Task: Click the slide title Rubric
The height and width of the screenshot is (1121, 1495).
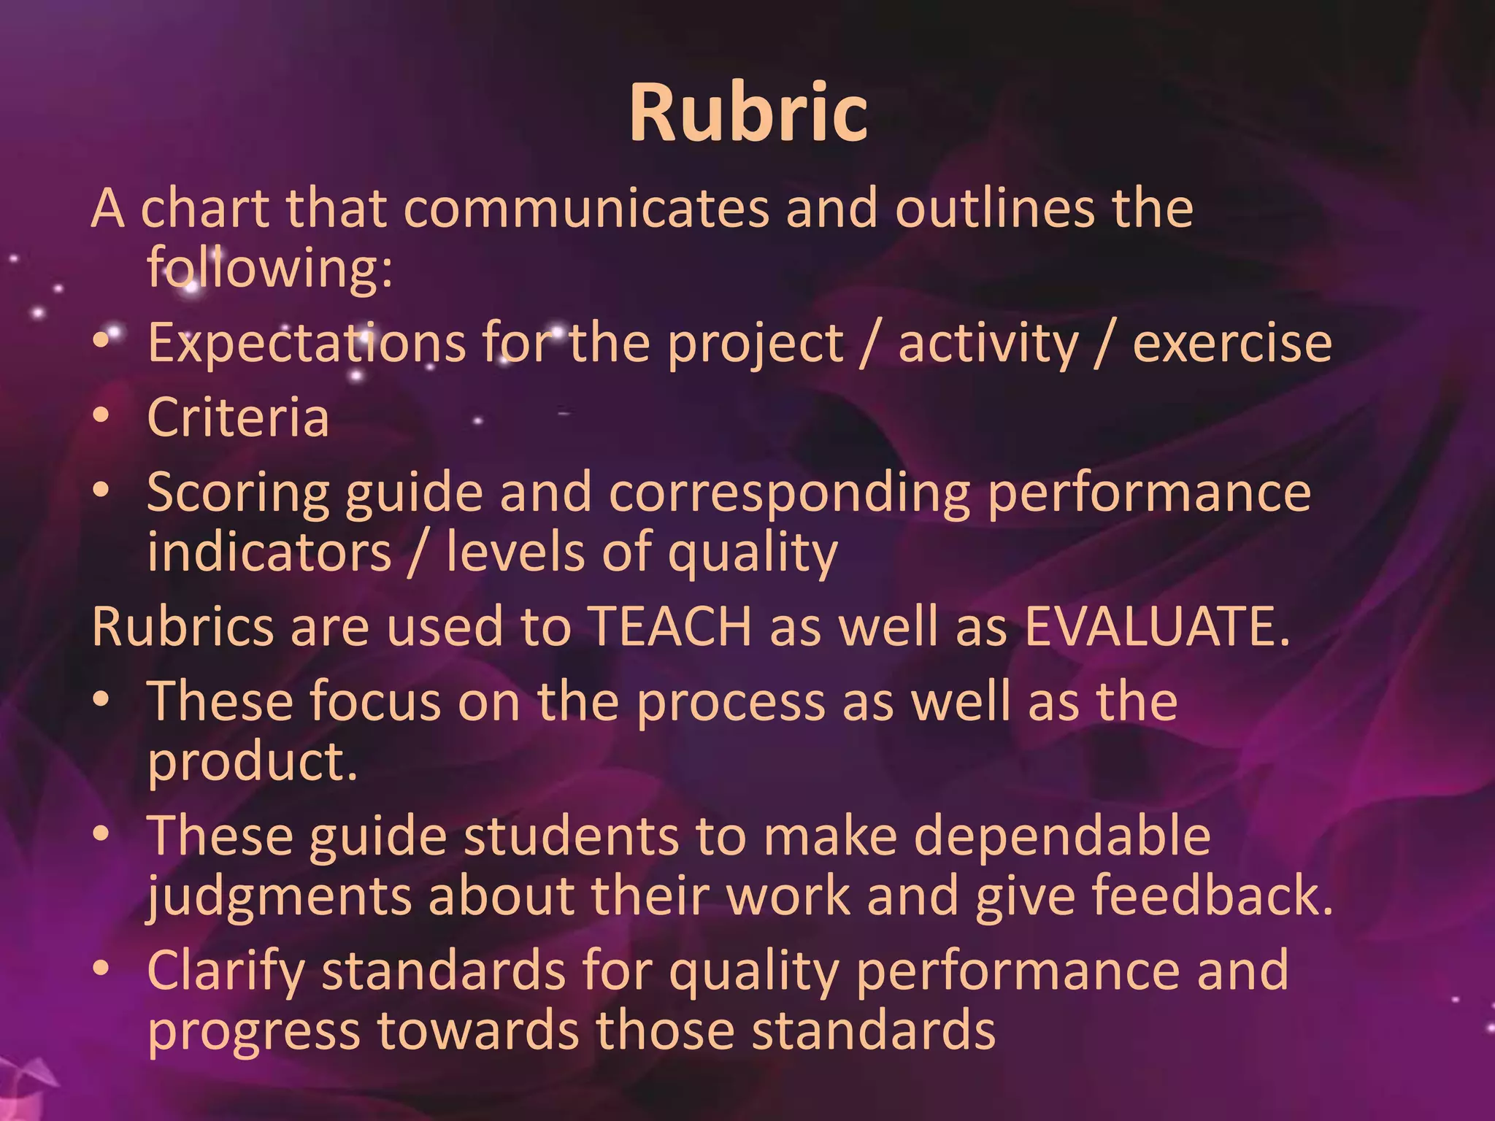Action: click(748, 112)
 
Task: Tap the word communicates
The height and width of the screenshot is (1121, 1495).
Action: click(586, 209)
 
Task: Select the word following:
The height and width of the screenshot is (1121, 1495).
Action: click(270, 268)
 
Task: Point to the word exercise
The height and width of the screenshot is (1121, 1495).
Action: click(1232, 343)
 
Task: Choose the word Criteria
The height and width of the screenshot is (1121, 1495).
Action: click(238, 417)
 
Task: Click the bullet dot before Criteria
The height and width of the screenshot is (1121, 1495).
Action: click(101, 415)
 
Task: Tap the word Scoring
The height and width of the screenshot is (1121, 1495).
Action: click(238, 493)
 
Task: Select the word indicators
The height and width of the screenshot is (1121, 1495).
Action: click(269, 552)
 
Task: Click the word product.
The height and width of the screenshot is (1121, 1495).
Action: click(252, 761)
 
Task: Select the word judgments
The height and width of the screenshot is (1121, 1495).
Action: click(279, 897)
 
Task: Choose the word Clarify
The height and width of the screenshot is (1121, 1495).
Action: click(226, 971)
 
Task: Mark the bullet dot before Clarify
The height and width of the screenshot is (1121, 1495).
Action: click(101, 968)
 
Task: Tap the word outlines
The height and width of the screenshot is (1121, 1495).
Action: click(994, 209)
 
